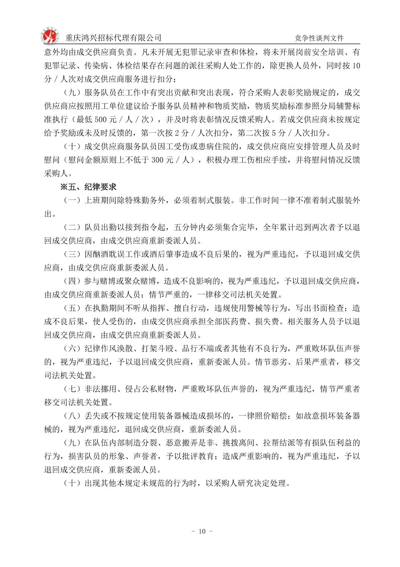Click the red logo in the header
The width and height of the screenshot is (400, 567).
[x=50, y=36]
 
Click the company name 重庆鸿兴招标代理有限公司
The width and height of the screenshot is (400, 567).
[x=113, y=38]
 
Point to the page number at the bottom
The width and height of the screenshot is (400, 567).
[x=202, y=531]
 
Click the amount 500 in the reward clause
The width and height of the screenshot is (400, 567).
[x=101, y=120]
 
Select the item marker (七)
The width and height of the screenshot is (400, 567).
[x=72, y=389]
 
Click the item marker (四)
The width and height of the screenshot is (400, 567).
[x=72, y=281]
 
